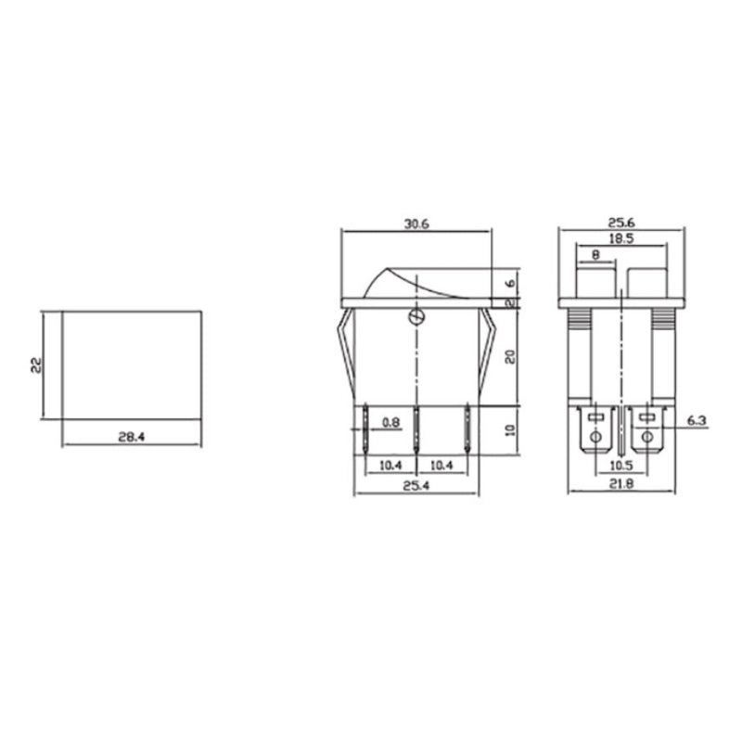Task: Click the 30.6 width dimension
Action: tap(416, 224)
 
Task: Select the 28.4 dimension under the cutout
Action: tap(131, 437)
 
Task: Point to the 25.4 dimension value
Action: tap(416, 484)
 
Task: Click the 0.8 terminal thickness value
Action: tap(391, 423)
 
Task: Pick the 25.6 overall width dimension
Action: tap(620, 224)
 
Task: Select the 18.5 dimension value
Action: tap(622, 238)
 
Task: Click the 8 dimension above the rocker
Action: tap(595, 253)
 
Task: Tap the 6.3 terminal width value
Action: tap(698, 422)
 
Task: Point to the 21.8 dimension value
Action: tap(620, 484)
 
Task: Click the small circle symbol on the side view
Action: tap(416, 318)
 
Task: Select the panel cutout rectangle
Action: tap(131, 365)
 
